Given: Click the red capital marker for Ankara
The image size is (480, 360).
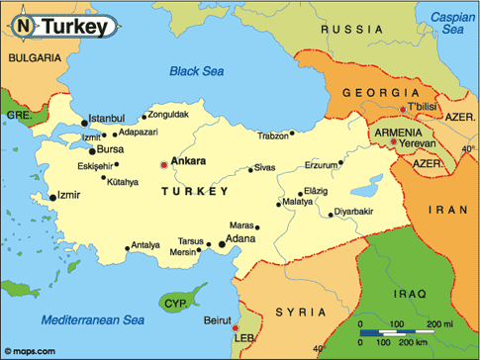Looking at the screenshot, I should [x=164, y=164].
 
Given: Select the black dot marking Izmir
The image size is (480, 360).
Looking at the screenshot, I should [x=52, y=198].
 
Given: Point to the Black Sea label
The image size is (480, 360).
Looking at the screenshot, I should [x=198, y=70].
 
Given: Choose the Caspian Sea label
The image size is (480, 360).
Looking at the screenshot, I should [x=450, y=22].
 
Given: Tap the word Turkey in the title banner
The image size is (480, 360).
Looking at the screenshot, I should [x=74, y=28].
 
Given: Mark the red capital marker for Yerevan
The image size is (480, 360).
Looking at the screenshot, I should [x=394, y=142].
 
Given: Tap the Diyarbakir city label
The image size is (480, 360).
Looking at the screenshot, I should [x=354, y=212].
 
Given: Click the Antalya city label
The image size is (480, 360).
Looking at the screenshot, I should [x=145, y=245].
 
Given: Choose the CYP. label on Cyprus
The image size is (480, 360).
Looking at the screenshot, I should [x=177, y=303].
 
